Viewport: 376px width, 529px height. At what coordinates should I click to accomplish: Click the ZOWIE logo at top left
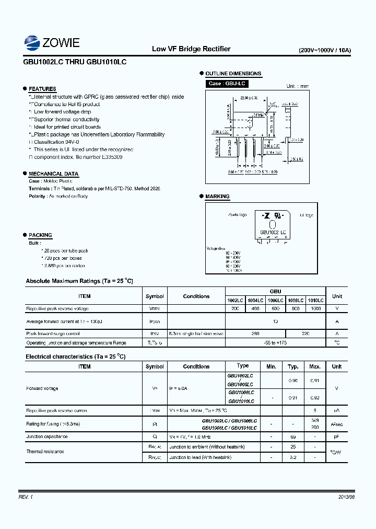tap(52, 42)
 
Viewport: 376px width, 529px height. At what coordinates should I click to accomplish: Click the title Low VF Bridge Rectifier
tap(191, 49)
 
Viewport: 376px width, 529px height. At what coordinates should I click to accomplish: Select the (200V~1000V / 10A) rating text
tap(325, 51)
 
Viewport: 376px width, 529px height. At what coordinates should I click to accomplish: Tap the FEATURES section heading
tap(42, 89)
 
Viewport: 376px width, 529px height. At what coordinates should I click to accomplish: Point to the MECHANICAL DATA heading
tap(53, 174)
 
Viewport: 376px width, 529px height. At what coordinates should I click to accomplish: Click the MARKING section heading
tap(217, 197)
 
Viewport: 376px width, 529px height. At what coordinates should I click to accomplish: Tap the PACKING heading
tap(40, 235)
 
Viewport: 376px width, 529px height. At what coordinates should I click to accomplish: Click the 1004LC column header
tap(255, 301)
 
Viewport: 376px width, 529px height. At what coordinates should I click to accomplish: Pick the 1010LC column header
tap(315, 301)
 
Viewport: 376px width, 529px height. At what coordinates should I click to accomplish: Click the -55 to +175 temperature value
tap(275, 343)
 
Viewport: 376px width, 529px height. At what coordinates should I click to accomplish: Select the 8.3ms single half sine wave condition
tap(196, 333)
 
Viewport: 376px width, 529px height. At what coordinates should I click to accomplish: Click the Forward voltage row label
tap(42, 388)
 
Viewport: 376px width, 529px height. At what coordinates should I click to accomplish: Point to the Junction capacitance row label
tap(47, 436)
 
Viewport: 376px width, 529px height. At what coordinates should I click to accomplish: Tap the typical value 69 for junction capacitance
tap(293, 436)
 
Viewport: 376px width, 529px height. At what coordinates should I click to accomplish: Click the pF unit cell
tap(337, 436)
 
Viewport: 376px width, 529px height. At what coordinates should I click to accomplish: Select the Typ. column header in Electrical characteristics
tap(293, 366)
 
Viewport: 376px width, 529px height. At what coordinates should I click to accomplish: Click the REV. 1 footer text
tap(26, 497)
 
